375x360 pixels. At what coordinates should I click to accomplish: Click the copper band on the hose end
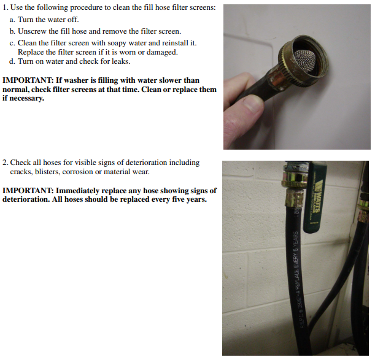(x=276, y=79)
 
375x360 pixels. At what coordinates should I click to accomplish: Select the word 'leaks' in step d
(x=121, y=61)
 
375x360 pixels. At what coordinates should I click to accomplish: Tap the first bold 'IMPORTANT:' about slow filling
(x=28, y=80)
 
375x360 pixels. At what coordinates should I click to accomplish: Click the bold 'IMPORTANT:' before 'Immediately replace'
(x=28, y=191)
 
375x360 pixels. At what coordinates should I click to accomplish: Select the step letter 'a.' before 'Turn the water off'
(x=12, y=20)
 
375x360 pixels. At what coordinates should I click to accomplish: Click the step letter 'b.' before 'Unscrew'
(x=12, y=31)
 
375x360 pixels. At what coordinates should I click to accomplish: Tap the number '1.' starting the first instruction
(x=6, y=7)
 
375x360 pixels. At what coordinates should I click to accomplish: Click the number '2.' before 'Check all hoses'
(x=6, y=163)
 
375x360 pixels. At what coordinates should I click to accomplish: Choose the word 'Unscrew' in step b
(x=32, y=31)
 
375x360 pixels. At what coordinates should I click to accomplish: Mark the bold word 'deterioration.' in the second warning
(x=26, y=199)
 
